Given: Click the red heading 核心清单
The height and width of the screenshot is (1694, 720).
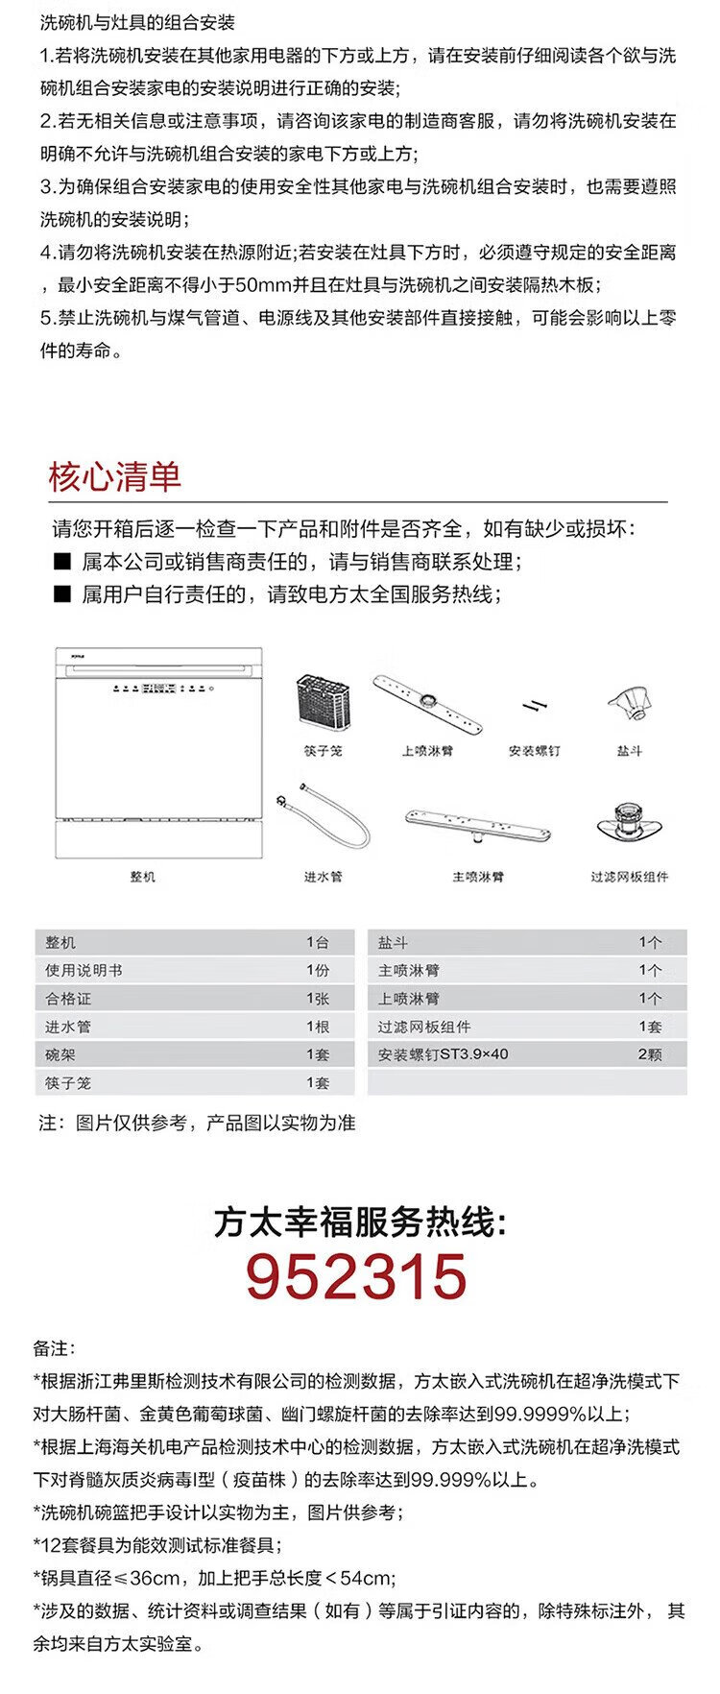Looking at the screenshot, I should coord(114,477).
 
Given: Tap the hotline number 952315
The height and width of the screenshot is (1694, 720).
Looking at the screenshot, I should coord(356,1277).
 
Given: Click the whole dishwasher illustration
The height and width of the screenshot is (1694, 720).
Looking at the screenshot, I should coord(158,753).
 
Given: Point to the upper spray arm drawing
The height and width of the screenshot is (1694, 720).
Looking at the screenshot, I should coord(427,704).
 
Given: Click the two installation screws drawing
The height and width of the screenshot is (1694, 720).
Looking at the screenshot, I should coord(534,707).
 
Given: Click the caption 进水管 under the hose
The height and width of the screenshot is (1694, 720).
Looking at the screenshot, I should coord(323,877).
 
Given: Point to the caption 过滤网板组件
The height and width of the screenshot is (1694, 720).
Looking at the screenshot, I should coord(630,877).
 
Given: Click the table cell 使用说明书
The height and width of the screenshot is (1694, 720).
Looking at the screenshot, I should coord(84,971).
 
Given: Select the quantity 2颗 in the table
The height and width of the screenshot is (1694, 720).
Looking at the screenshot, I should coord(650,1054).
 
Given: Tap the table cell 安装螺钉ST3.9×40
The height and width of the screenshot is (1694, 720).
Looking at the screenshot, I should coord(443,1054).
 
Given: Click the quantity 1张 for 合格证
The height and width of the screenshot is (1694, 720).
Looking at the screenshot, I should coord(318,999).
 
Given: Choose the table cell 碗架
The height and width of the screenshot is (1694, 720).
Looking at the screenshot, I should coord(60,1054).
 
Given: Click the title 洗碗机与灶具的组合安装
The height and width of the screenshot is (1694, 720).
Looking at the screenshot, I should coord(137,22).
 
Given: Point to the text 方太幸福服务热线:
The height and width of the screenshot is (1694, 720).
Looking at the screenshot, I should coord(359,1223).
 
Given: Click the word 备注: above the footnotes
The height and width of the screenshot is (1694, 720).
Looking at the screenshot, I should coord(54,1348).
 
